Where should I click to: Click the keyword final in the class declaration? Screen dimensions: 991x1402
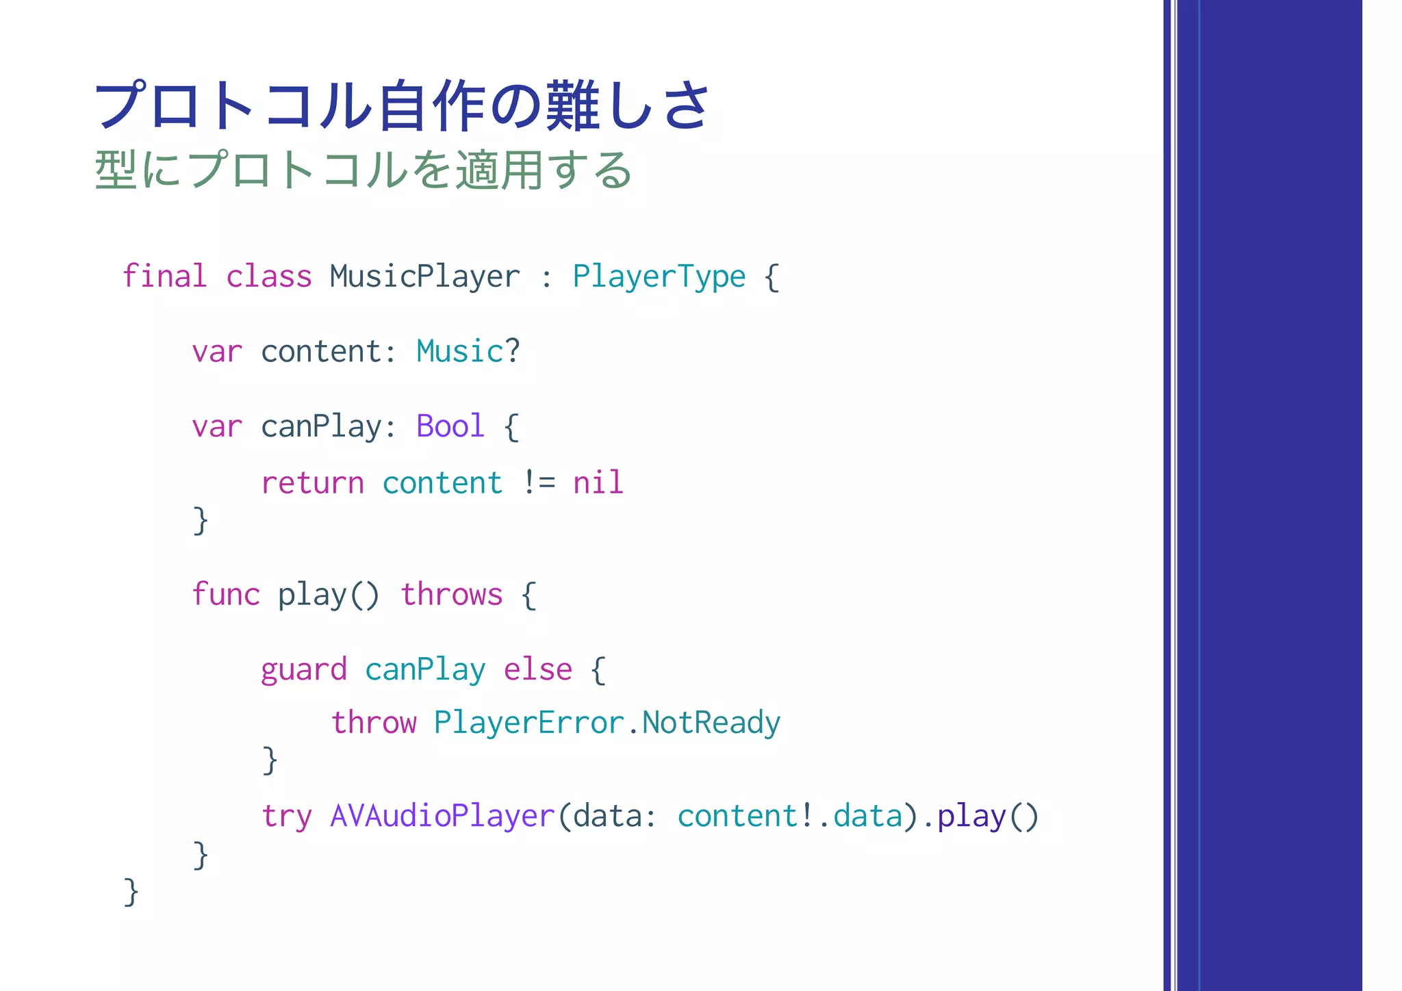[x=164, y=276]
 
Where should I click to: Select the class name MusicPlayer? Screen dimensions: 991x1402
[x=424, y=276]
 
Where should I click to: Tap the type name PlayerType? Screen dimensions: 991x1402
[x=659, y=276]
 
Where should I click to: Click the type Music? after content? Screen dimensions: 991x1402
[x=468, y=351]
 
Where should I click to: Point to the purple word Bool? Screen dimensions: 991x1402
[x=450, y=426]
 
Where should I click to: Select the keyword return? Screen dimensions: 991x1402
[x=312, y=482]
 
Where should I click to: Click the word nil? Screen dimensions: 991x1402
[x=598, y=482]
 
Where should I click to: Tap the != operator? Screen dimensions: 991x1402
[x=538, y=482]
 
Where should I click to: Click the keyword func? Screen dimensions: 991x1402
[x=225, y=593]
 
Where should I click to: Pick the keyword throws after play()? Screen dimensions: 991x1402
[x=451, y=593]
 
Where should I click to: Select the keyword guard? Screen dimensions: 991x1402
[x=303, y=669]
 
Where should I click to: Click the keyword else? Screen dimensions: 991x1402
[x=537, y=669]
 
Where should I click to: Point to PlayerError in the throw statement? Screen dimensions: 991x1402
[x=528, y=723]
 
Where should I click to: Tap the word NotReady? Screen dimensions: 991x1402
[x=711, y=723]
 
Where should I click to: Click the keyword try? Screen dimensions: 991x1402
[x=286, y=816]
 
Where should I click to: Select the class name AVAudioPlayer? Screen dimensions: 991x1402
[x=442, y=816]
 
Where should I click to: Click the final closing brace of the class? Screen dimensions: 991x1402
[x=131, y=891]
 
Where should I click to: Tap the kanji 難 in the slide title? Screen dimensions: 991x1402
[x=574, y=106]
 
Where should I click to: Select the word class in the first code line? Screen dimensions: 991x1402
[x=268, y=276]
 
